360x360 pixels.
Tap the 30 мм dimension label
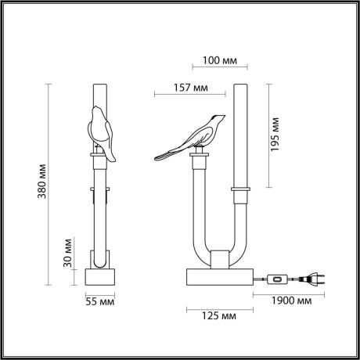(69, 251)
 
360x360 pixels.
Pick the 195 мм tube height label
(275, 136)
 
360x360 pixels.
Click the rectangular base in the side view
(219, 276)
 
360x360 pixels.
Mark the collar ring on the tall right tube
(241, 189)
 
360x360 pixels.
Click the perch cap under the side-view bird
(200, 158)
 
